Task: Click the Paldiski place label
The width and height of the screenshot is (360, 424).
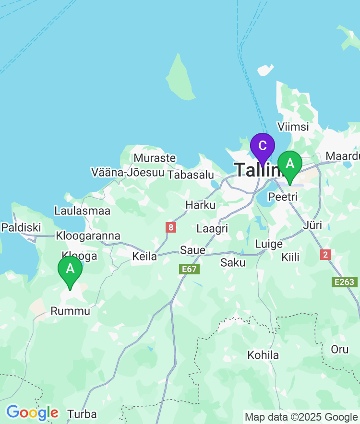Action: [21, 227]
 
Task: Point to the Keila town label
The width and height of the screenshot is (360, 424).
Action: [144, 257]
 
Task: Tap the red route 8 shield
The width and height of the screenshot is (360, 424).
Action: [170, 227]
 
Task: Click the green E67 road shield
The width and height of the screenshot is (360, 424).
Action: [189, 269]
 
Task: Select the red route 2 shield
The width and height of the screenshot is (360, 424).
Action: [326, 255]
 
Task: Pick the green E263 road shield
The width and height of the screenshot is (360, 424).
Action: [345, 282]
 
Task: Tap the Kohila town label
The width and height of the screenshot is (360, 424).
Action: [263, 355]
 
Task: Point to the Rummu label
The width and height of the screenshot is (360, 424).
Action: [70, 311]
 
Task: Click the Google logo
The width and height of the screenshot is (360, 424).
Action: [32, 412]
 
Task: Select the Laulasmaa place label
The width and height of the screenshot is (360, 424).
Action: [82, 211]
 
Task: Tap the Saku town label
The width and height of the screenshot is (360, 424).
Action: [233, 262]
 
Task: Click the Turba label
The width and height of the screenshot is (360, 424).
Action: [82, 414]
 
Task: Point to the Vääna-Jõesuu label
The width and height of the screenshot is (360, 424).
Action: [128, 172]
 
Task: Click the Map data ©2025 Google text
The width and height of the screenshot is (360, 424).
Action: [301, 417]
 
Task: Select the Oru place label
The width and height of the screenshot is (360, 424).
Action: [340, 349]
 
